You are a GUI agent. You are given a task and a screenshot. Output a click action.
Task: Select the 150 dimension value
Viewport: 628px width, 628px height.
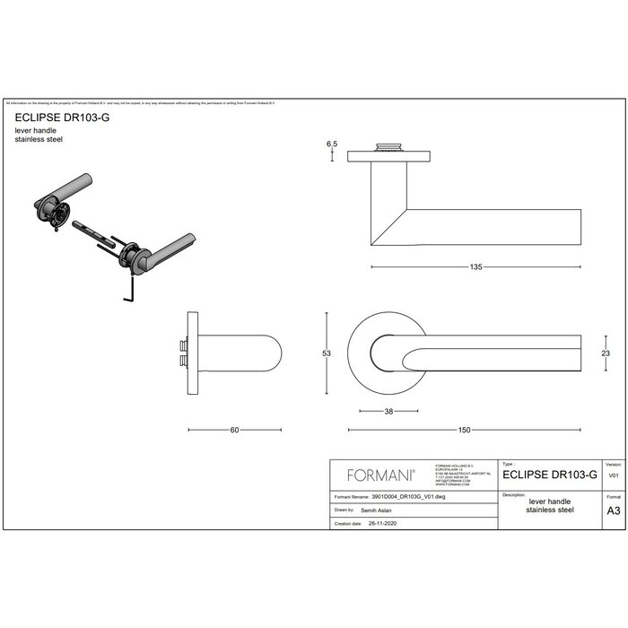pos(464,430)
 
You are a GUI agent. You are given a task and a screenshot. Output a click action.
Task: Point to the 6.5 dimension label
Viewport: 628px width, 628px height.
pos(332,144)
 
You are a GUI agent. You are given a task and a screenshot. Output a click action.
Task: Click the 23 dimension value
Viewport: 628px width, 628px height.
pos(606,353)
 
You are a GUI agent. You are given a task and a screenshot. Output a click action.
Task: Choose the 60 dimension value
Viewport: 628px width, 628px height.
pos(233,430)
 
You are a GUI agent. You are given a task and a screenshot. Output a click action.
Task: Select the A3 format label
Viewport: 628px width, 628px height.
pos(614,509)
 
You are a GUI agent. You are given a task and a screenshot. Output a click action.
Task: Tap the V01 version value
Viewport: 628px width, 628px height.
pos(614,476)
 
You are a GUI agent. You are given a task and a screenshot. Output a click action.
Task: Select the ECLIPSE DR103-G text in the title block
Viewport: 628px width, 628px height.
pos(550,476)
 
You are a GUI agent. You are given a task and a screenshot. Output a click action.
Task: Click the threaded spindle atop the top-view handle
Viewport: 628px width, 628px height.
pos(391,144)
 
